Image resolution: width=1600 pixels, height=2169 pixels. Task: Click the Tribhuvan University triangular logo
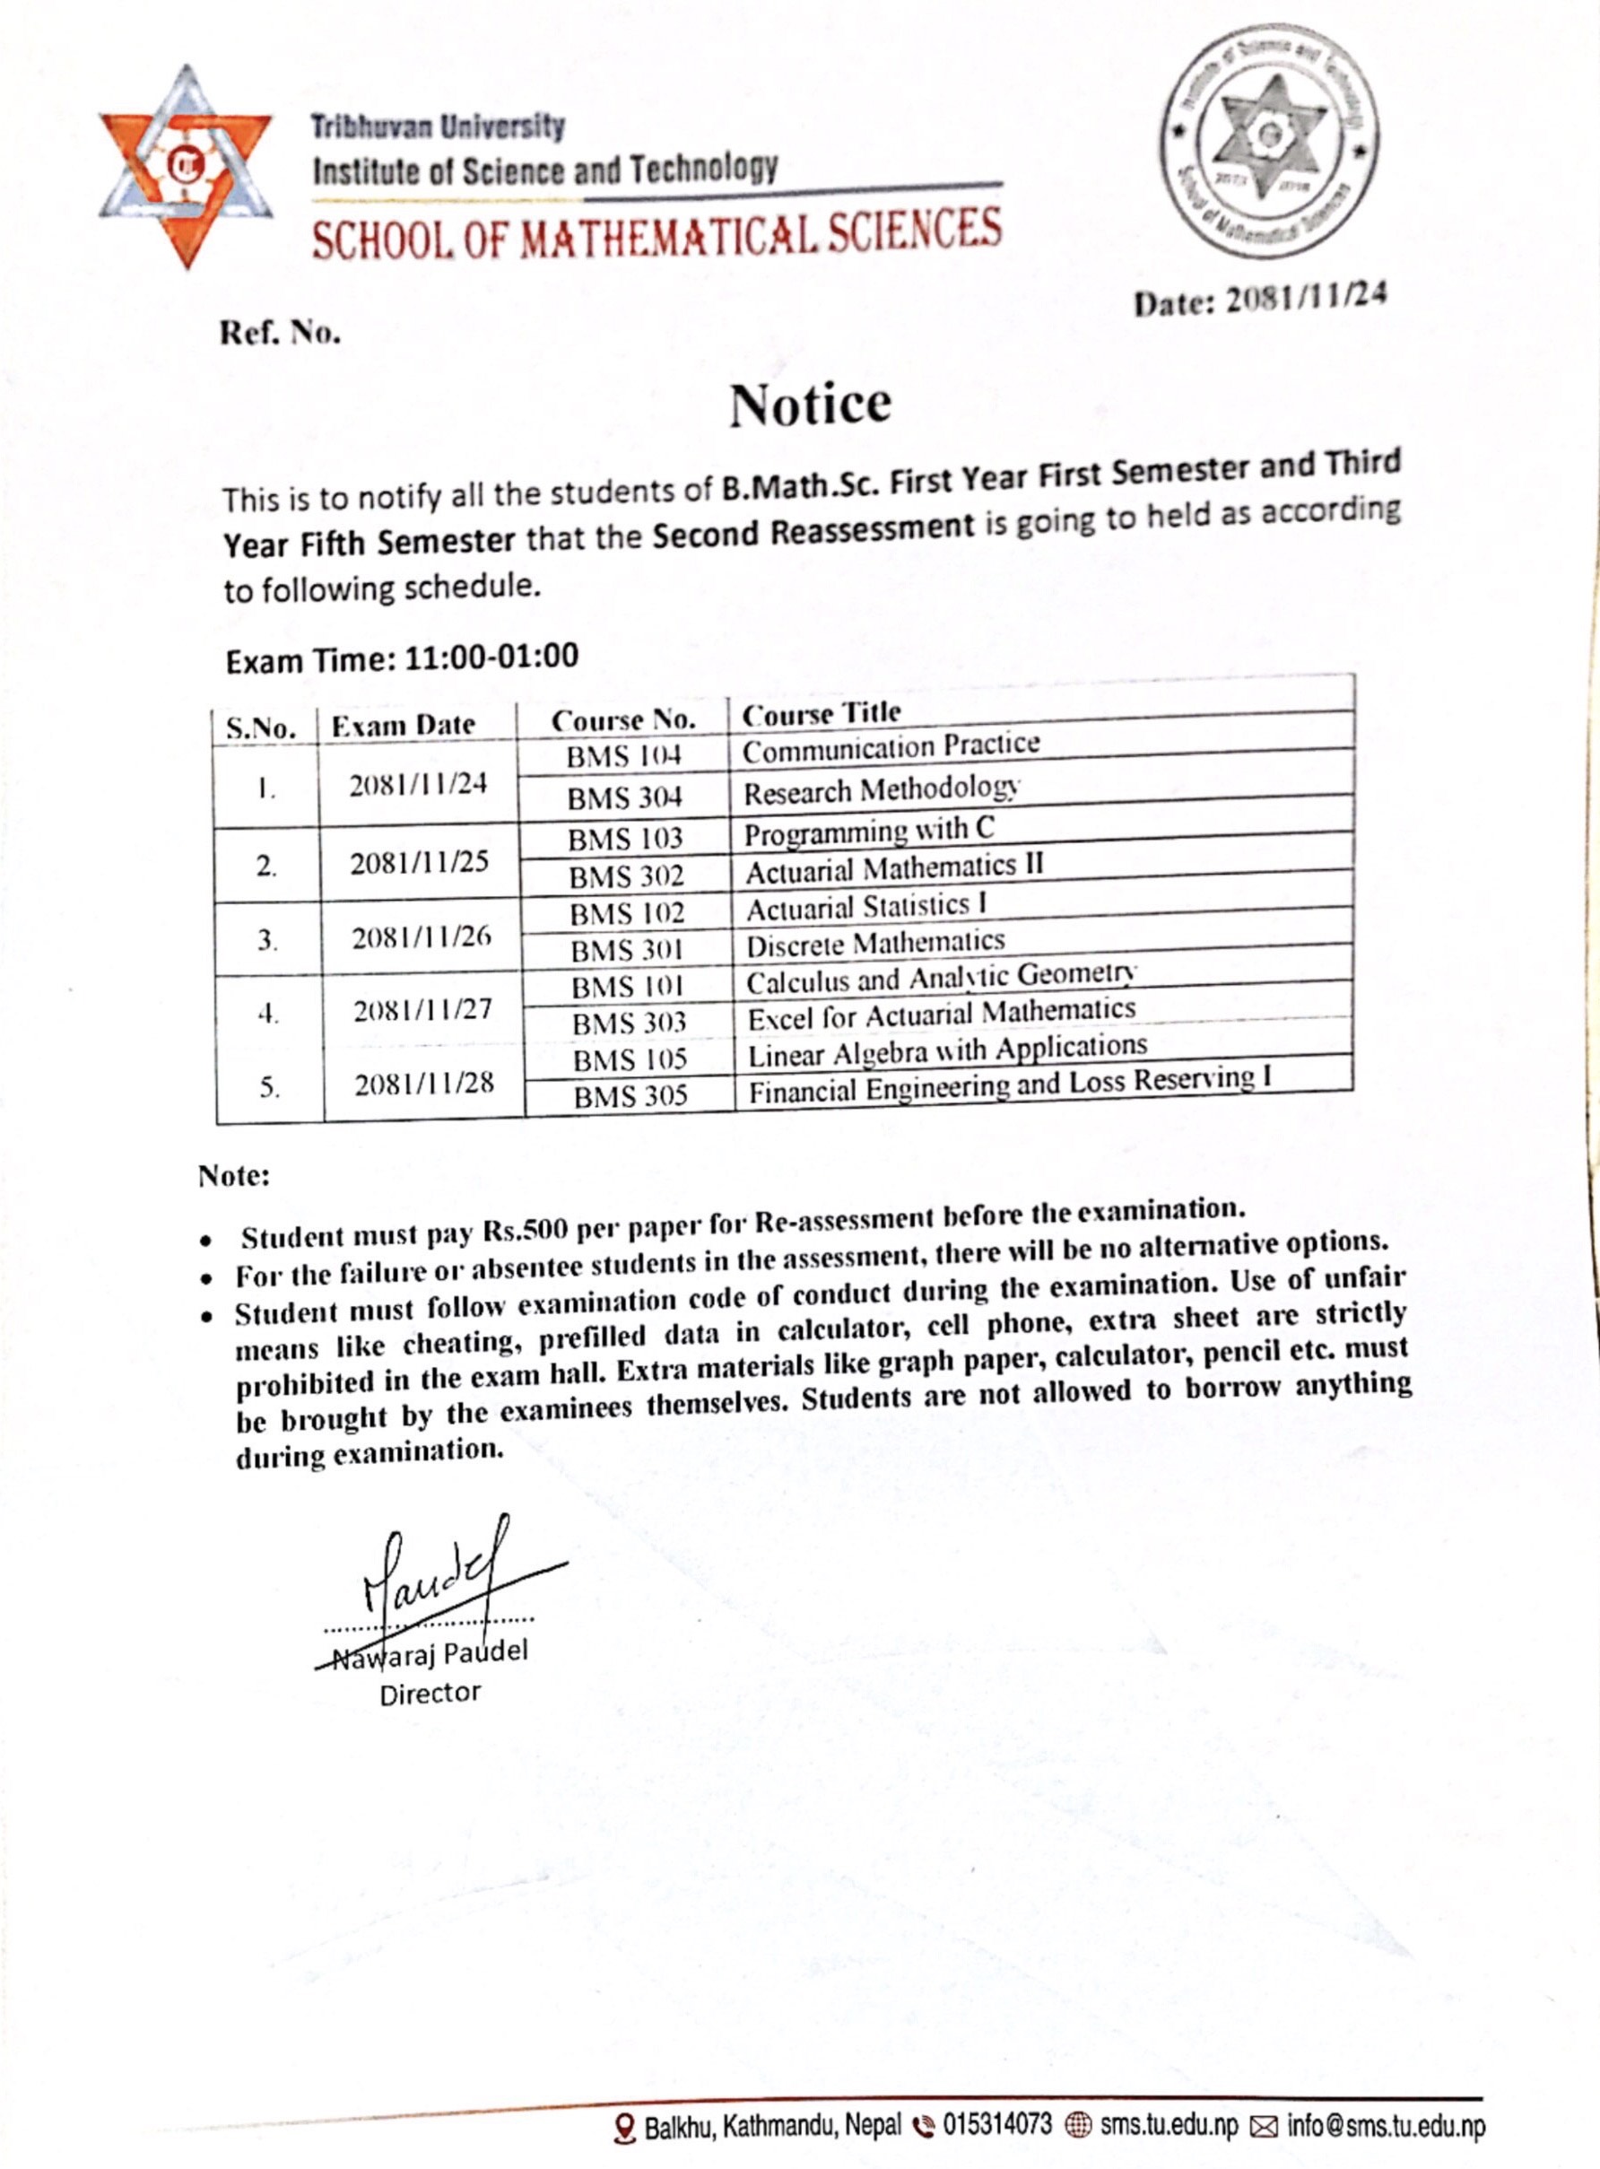pos(185,168)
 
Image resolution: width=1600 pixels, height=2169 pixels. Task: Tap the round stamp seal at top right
pos(1270,142)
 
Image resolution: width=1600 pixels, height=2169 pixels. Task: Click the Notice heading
pos(810,404)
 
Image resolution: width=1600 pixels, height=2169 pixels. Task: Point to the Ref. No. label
pos(280,335)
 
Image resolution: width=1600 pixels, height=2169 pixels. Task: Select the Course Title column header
pos(822,714)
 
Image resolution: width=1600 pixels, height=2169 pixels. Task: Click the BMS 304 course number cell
pos(625,798)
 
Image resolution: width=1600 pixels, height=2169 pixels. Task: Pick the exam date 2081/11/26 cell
pos(422,937)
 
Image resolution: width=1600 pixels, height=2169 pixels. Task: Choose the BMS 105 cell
pos(630,1059)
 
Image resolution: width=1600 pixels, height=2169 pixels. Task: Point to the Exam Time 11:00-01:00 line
pos(402,658)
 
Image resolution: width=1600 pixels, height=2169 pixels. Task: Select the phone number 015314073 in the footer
pos(996,2125)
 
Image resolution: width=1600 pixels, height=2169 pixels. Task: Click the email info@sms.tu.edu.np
pos(1385,2126)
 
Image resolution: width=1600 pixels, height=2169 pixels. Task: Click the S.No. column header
pos(262,728)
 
